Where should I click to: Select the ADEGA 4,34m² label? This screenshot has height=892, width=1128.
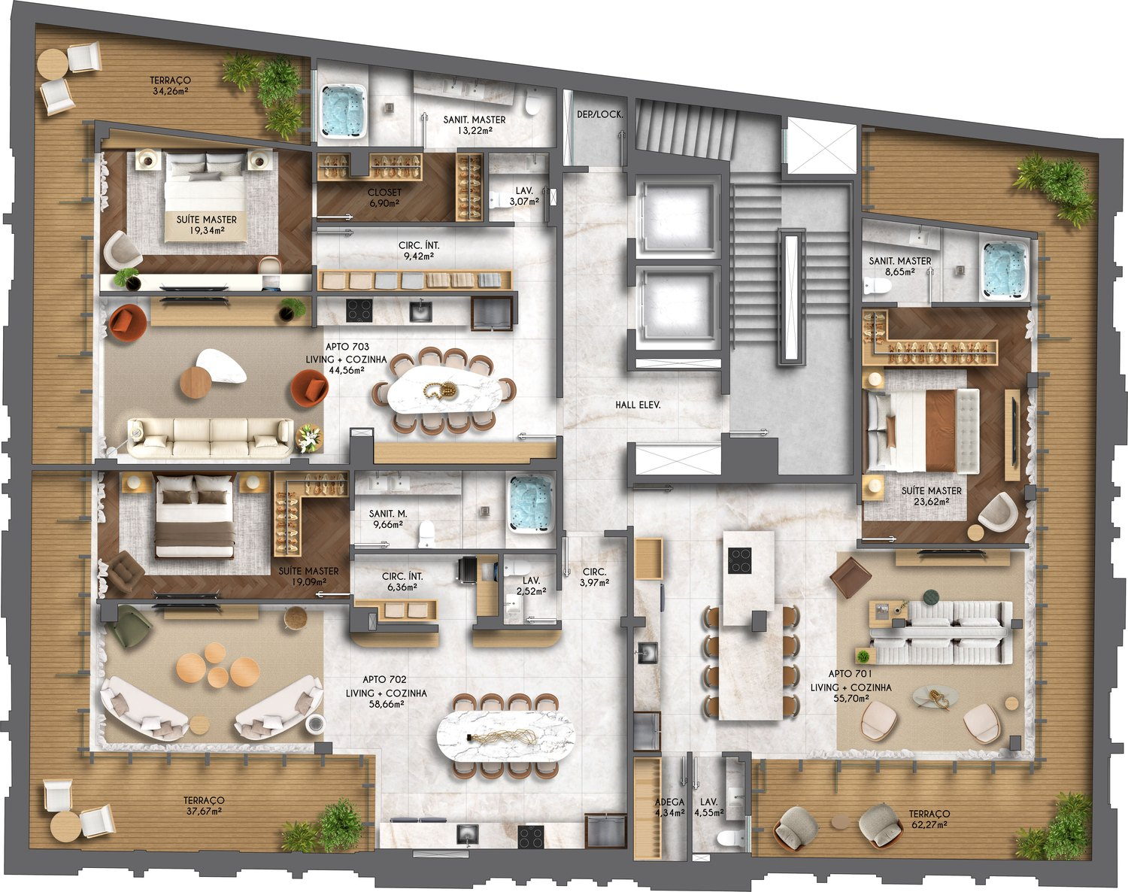[x=669, y=807]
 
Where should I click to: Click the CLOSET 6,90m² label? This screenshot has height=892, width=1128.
[x=384, y=198]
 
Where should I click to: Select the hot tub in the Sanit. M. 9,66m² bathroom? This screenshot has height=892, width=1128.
[x=530, y=504]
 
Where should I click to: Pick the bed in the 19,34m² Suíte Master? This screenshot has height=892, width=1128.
[x=206, y=196]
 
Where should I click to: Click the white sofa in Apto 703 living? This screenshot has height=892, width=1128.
[x=211, y=437]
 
